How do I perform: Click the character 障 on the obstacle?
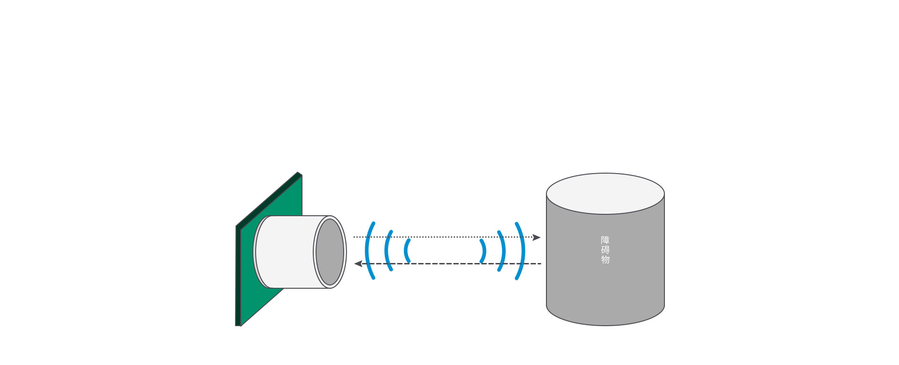tap(605, 240)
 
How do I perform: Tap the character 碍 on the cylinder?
tap(605, 250)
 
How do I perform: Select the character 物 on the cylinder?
tap(605, 259)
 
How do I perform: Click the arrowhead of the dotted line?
tap(537, 237)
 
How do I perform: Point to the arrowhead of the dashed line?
tap(358, 263)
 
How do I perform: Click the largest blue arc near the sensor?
tap(368, 250)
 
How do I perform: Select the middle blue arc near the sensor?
tap(386, 250)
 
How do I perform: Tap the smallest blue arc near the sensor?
tap(406, 250)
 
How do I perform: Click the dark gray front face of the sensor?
tap(330, 252)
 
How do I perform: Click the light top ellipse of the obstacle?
tap(605, 193)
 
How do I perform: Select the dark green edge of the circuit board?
tap(238, 276)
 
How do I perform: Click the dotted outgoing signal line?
tap(445, 237)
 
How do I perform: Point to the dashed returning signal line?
tap(445, 263)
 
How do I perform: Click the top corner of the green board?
tap(298, 173)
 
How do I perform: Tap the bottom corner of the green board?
tap(238, 325)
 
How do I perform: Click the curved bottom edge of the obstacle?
tap(605, 325)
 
